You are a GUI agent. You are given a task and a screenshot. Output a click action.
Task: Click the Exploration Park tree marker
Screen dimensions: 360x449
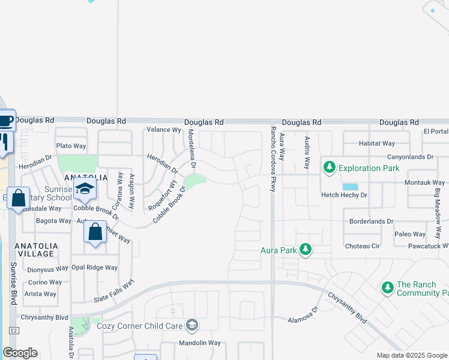click(x=329, y=167)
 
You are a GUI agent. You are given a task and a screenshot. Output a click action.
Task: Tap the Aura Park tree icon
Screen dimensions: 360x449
click(x=306, y=248)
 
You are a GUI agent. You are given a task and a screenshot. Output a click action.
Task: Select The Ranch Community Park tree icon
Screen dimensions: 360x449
click(x=388, y=289)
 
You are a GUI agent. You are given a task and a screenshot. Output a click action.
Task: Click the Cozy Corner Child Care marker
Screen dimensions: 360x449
click(x=191, y=325)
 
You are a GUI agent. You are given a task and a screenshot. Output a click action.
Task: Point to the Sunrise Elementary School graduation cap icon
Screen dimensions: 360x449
click(x=85, y=189)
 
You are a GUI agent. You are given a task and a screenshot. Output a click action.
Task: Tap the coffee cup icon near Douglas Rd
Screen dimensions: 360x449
click(x=5, y=121)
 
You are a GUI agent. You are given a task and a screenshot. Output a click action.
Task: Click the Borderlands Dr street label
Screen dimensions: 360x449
click(x=372, y=221)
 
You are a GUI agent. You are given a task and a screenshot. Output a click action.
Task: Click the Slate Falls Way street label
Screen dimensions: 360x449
click(x=114, y=293)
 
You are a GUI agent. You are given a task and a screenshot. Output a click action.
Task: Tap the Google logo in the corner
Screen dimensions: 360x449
click(x=20, y=353)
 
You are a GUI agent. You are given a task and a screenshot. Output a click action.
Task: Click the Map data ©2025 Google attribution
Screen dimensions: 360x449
click(x=412, y=355)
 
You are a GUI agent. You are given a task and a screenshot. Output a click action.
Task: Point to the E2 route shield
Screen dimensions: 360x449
click(x=13, y=331)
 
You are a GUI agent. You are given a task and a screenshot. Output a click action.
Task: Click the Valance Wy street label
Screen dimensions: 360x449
click(x=164, y=130)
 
